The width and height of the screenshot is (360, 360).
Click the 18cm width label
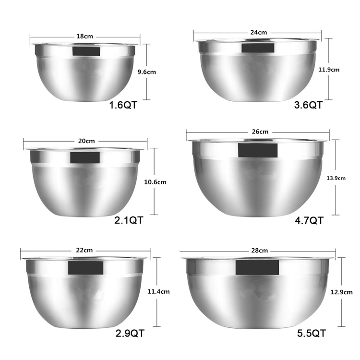pos(84,36)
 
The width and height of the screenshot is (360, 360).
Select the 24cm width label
pos(258,32)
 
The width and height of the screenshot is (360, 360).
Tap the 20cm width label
pos(86,141)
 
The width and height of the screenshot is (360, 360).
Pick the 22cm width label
pos(84,250)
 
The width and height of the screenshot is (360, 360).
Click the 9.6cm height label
pos(146,72)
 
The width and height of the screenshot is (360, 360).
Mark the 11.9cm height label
pos(329,69)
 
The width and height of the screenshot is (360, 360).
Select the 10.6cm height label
pos(156,182)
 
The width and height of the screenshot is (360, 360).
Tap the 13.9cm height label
pos(336,178)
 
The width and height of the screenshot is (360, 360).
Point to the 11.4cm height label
pos(158,291)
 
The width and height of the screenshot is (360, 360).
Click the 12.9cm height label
pos(342,291)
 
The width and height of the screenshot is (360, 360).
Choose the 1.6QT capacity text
pos(124,105)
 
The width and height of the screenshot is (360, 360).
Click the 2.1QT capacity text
pos(129,220)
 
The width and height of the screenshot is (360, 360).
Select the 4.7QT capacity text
pos(310,220)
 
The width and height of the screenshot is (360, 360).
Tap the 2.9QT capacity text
pos(130,333)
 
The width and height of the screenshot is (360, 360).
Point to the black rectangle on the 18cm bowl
pos(86,51)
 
